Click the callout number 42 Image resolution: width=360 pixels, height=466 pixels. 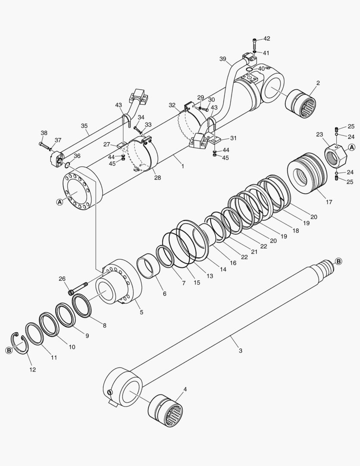point(267,38)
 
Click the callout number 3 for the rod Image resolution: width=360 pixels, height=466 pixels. point(240,350)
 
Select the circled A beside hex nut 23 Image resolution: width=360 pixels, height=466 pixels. point(351,148)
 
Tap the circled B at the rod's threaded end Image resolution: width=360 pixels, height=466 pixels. point(338,261)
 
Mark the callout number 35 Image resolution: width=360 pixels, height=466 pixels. point(84,126)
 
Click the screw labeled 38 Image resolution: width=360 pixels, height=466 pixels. point(44,145)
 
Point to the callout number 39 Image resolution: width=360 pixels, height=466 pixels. point(222,59)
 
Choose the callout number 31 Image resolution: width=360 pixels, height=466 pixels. point(233,138)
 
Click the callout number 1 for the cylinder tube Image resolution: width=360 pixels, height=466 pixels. point(182,166)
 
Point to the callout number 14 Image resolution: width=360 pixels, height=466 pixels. point(223,269)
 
